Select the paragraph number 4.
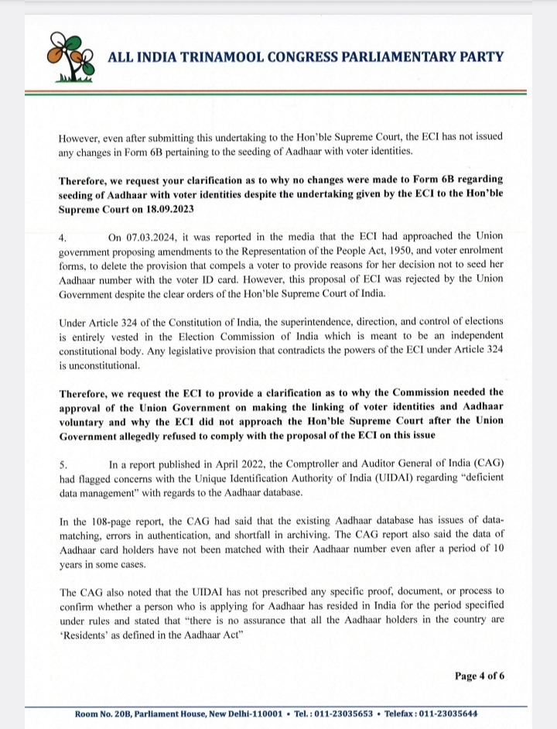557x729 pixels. (x=63, y=238)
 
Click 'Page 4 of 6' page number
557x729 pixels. (x=480, y=676)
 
